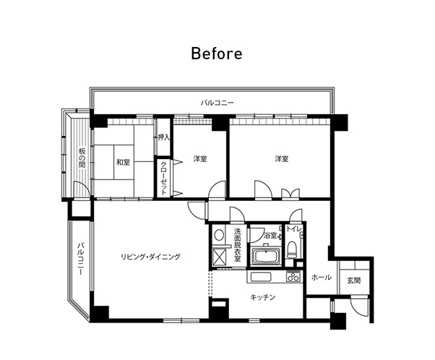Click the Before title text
[217, 53]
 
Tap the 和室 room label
[123, 162]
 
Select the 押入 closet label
[163, 137]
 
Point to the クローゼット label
[164, 178]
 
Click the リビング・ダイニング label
[150, 257]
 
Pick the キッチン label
[263, 297]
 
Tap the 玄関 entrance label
[354, 280]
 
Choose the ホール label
[322, 277]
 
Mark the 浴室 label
[270, 236]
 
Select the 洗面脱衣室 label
[238, 245]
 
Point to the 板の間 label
[82, 158]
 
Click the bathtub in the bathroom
[266, 256]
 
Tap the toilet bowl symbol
[292, 249]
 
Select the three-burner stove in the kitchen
[293, 277]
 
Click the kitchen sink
[261, 278]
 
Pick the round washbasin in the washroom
[219, 235]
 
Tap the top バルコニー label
[217, 103]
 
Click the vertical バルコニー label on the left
[80, 259]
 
